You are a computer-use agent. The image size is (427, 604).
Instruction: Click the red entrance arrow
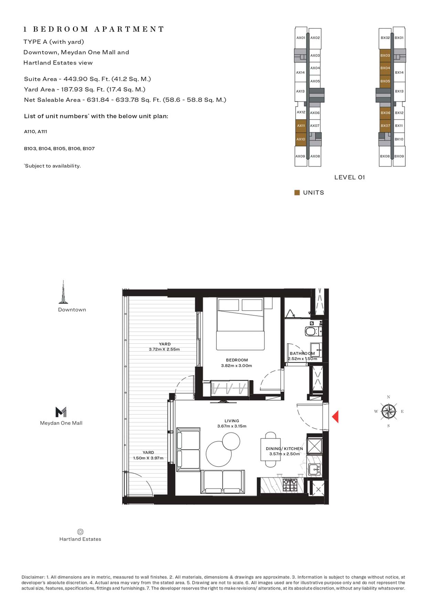[335, 417]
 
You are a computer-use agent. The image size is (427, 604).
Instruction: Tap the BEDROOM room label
[237, 360]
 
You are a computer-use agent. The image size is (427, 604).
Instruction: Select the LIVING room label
[232, 421]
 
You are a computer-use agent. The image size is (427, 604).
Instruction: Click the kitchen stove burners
[290, 485]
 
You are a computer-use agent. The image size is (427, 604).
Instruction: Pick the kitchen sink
[314, 469]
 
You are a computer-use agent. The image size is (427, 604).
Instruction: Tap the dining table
[271, 449]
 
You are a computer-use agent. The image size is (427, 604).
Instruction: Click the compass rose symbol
[388, 411]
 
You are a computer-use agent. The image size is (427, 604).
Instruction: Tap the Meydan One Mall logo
[61, 412]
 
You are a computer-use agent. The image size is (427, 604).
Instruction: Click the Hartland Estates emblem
[80, 532]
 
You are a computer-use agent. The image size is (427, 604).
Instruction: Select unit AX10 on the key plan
[301, 139]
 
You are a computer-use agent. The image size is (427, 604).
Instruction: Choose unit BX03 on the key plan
[385, 55]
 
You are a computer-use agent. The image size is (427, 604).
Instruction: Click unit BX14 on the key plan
[399, 73]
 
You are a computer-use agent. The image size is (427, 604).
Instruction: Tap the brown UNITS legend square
[297, 192]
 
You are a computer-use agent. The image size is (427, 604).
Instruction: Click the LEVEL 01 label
[349, 177]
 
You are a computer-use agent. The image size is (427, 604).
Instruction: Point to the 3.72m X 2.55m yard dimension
[164, 349]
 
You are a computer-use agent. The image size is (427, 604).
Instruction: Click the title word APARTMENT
[129, 29]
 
